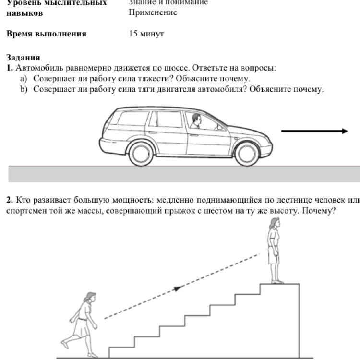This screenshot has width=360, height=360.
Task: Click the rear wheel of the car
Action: [x=143, y=153]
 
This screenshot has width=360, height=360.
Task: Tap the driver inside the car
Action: [x=195, y=122]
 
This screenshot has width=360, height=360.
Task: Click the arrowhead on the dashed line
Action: [x=178, y=288]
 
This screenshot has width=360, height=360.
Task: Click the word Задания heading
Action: [x=23, y=59]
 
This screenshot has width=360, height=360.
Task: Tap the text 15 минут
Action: [x=146, y=34]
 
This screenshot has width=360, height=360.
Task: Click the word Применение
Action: [x=153, y=12]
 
